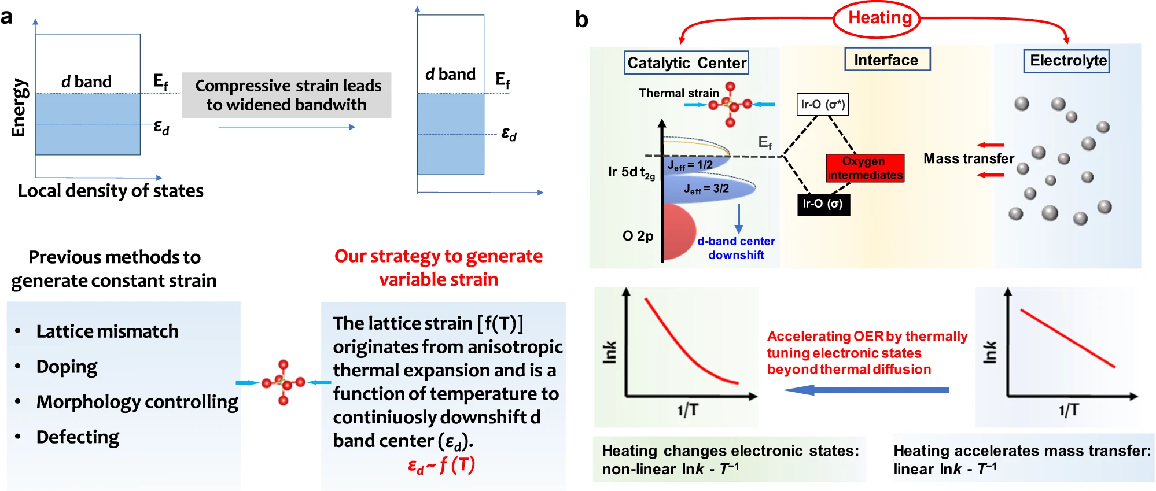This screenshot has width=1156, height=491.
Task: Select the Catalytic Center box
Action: point(686,62)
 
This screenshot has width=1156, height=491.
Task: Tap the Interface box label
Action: point(887,60)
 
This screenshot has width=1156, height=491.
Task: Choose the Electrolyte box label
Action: point(1067,61)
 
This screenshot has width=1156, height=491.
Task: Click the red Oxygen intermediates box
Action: point(864,168)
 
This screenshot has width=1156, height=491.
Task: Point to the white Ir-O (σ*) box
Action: point(822,105)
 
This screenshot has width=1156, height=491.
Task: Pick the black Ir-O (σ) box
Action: point(823,204)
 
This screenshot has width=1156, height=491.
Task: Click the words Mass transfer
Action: point(968,158)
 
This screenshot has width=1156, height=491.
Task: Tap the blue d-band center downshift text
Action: point(736,248)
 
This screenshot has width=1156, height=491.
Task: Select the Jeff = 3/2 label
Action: point(706,189)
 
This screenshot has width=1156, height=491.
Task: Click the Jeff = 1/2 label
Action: point(690,165)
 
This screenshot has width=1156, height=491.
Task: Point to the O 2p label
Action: point(638,236)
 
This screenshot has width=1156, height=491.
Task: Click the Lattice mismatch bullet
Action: point(107,331)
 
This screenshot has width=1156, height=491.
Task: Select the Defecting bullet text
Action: point(78,437)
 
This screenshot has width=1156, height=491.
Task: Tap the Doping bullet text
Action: point(67,367)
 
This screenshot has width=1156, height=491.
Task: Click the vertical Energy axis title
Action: point(19,108)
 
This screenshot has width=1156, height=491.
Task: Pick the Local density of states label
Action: point(111,191)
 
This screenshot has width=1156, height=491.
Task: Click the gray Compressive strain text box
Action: point(287,95)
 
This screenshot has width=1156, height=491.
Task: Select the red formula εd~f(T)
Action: point(441,465)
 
